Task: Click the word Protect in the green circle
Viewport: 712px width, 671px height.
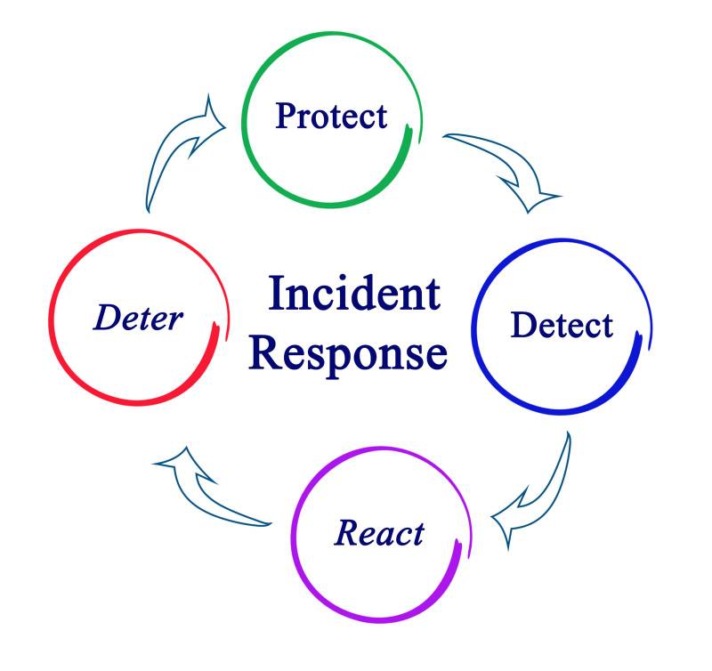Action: [331, 116]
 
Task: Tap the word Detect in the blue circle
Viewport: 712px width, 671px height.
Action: [562, 325]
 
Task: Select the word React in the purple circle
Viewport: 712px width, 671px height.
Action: [379, 533]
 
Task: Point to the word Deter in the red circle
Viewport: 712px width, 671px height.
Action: [138, 318]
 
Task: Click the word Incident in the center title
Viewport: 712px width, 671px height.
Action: [354, 294]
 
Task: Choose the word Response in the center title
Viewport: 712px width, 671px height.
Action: [348, 352]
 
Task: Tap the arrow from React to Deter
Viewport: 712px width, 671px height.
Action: [209, 485]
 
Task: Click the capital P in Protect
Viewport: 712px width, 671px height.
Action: [286, 116]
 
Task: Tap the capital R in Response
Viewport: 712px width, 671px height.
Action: [264, 352]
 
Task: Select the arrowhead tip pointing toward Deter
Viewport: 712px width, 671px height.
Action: [153, 462]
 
